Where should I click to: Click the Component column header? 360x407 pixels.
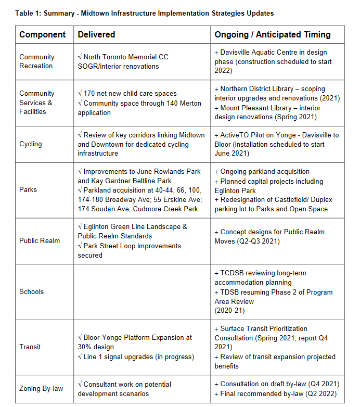point(43,35)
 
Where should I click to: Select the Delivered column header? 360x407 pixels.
point(96,35)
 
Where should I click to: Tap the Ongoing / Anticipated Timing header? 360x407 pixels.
point(272,35)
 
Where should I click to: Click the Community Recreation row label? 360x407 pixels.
point(36,61)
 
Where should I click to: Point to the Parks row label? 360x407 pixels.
point(29,189)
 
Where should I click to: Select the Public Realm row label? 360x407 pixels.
point(40,240)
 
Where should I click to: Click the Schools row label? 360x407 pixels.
point(32,292)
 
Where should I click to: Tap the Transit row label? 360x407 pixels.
point(31,347)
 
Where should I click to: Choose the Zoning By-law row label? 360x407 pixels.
point(41,389)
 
